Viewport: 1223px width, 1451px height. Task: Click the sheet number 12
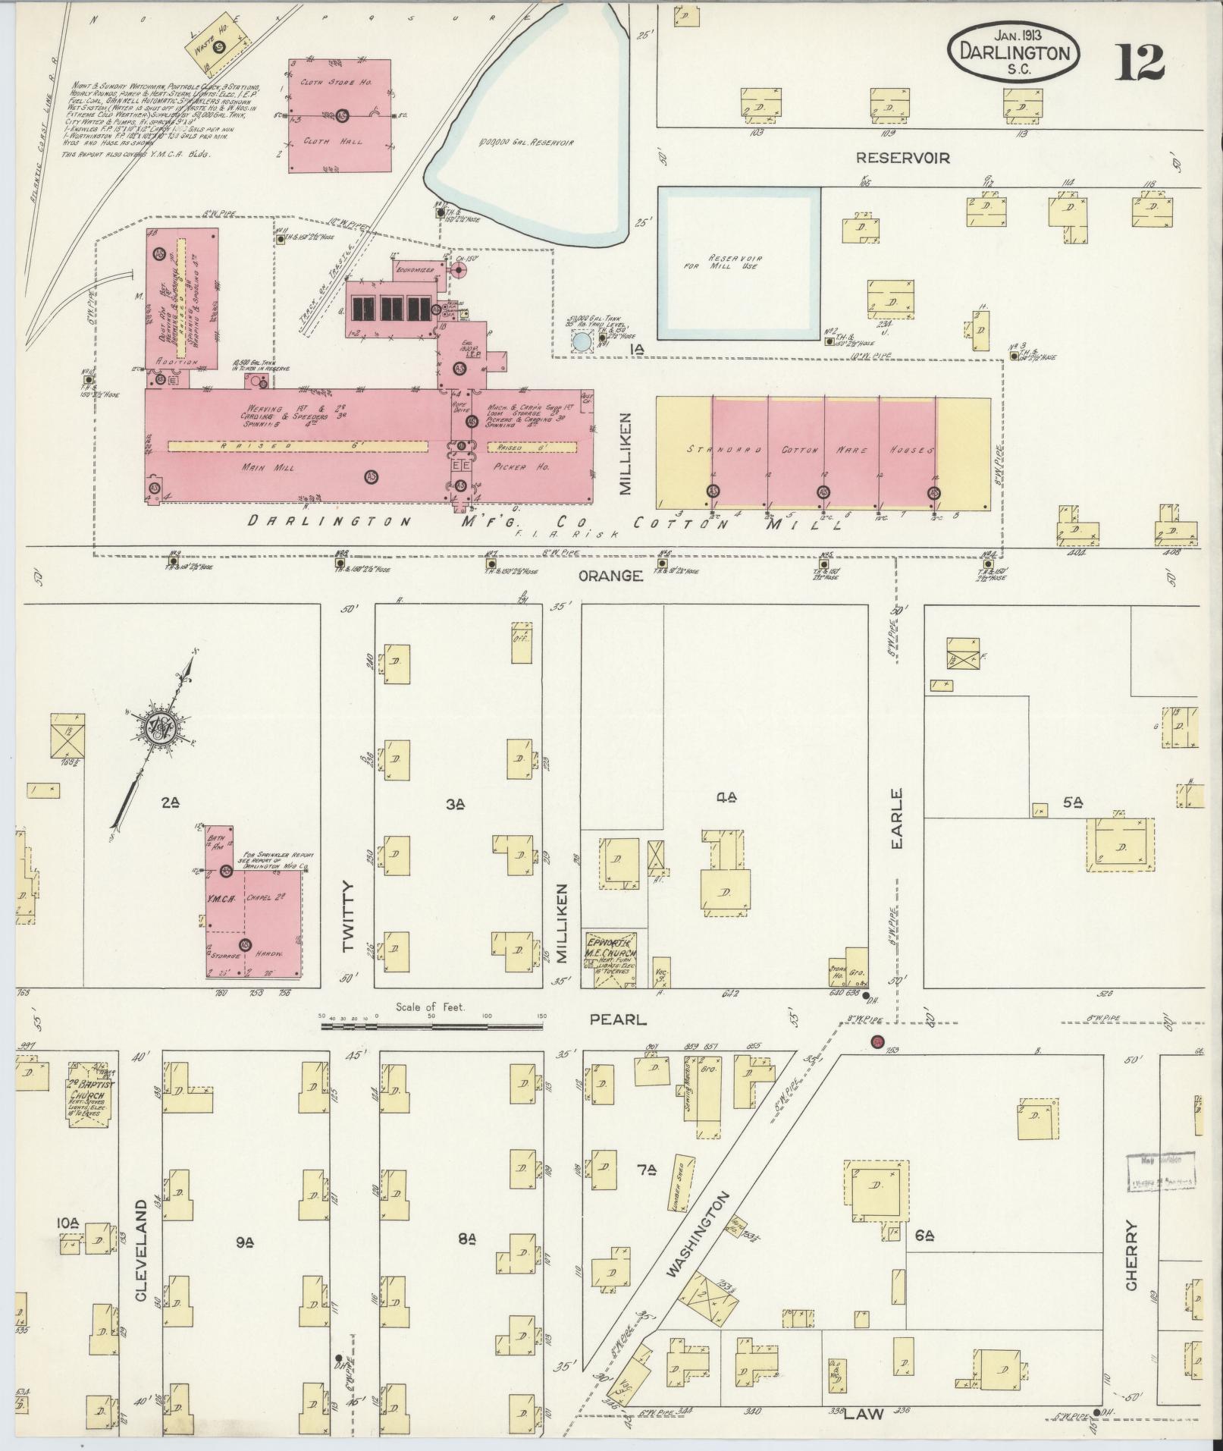click(1139, 62)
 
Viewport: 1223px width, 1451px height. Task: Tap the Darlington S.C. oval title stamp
click(1014, 52)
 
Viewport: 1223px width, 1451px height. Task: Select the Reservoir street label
click(902, 158)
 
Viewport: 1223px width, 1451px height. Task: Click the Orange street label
click(610, 576)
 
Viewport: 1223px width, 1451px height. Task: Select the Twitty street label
click(348, 916)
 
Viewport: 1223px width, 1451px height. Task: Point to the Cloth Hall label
click(343, 141)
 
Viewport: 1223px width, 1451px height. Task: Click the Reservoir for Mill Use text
click(736, 262)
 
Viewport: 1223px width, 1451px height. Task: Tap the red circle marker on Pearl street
click(878, 1042)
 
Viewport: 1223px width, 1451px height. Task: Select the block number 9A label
click(244, 1241)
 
